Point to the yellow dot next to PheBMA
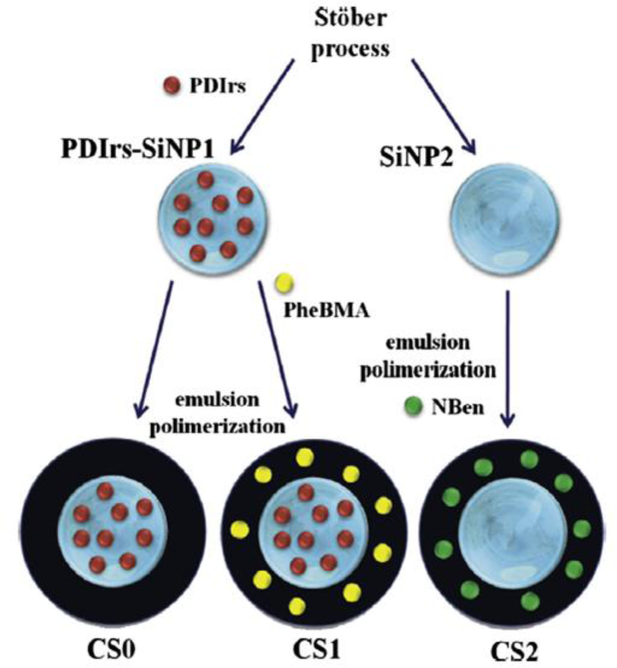pos(283,283)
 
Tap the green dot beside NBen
pos(412,410)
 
